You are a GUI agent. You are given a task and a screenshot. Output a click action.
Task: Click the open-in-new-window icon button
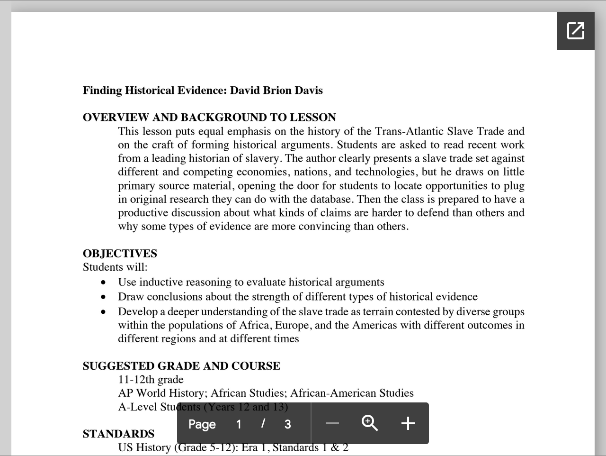point(575,31)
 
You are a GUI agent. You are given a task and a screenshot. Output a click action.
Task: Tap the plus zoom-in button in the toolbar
point(408,423)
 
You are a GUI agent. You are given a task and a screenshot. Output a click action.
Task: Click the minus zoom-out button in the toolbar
point(332,423)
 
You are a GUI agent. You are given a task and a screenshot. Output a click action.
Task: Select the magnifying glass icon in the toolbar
point(370,423)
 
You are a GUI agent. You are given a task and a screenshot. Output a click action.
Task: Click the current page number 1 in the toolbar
point(239,424)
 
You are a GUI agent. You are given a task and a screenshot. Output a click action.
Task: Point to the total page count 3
point(287,424)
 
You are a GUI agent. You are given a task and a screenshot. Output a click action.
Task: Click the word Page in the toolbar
point(202,424)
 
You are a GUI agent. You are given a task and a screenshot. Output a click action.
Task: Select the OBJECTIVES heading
point(120,254)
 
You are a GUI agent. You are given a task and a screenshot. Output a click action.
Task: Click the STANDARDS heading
point(118,434)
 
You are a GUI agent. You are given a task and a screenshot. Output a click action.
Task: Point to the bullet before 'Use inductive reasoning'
point(104,283)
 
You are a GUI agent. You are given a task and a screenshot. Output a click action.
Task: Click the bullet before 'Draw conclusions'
point(104,297)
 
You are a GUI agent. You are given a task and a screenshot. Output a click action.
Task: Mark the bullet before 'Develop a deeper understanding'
point(104,312)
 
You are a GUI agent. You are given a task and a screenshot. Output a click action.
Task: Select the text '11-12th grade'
point(151,380)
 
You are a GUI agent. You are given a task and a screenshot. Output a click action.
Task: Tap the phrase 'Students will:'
point(115,267)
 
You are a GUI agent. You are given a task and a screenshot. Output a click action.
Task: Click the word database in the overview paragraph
point(331,199)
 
